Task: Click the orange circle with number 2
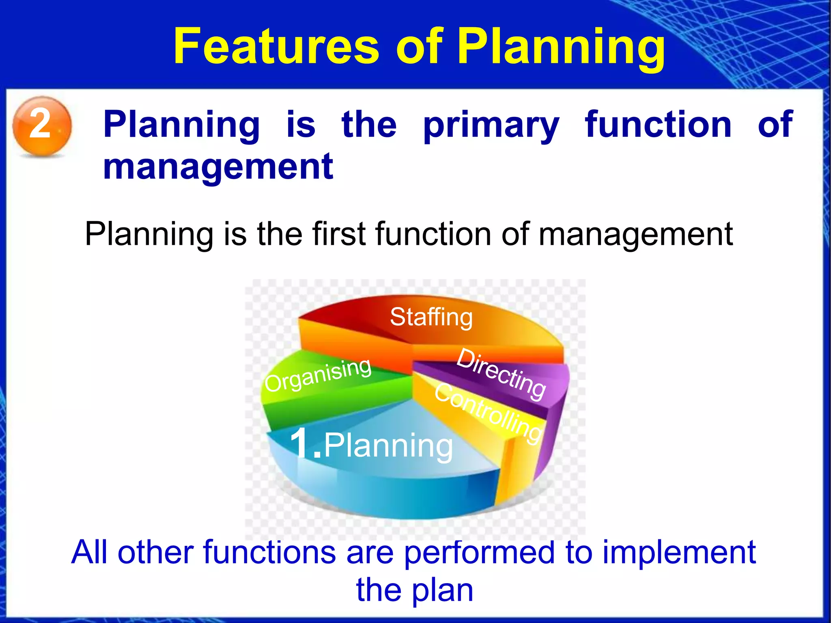pos(42,125)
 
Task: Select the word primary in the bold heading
pos(491,125)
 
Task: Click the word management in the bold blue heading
pos(218,167)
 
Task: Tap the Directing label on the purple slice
pos(502,374)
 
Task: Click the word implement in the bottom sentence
pos(679,552)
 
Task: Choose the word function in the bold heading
pos(658,124)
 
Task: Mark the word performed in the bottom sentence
pos(479,553)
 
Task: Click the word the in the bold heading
pos(368,124)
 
